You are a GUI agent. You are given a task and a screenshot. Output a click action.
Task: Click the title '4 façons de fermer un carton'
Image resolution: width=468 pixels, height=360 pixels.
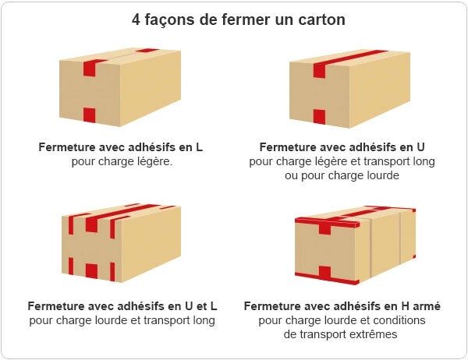(x=238, y=19)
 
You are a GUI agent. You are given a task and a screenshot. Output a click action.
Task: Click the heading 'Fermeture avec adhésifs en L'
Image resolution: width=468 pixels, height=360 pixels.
(x=121, y=146)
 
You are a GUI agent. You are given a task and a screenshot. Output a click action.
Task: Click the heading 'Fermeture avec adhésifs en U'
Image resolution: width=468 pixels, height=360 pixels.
(x=342, y=146)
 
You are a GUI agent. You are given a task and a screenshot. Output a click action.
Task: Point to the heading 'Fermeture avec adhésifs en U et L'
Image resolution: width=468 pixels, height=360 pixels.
(x=122, y=305)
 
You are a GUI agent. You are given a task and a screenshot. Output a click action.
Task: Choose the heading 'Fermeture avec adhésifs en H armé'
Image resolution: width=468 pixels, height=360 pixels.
(x=342, y=305)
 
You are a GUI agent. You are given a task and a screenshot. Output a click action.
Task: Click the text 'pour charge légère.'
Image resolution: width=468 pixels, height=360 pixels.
(x=121, y=161)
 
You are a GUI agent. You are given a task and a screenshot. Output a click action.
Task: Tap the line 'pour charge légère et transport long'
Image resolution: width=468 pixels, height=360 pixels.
(x=342, y=161)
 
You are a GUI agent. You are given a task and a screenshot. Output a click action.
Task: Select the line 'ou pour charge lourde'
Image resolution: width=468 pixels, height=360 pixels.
(x=342, y=175)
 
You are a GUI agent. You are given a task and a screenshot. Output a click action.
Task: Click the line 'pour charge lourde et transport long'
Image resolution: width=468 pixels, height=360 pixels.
(x=122, y=319)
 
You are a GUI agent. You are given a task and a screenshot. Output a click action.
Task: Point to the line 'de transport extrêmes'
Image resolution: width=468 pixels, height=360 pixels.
(x=342, y=334)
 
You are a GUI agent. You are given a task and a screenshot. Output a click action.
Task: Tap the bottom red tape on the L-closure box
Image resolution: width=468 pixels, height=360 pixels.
(x=89, y=115)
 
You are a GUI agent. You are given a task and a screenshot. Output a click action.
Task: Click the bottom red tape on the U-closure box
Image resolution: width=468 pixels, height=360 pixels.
(x=319, y=117)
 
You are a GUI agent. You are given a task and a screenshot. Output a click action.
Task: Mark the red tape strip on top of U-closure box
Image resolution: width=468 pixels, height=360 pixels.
(x=355, y=57)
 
